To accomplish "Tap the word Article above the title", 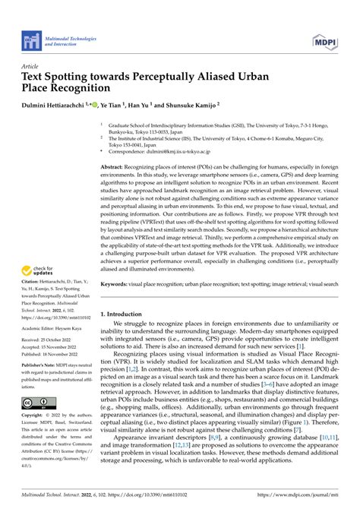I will pos(30,67).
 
